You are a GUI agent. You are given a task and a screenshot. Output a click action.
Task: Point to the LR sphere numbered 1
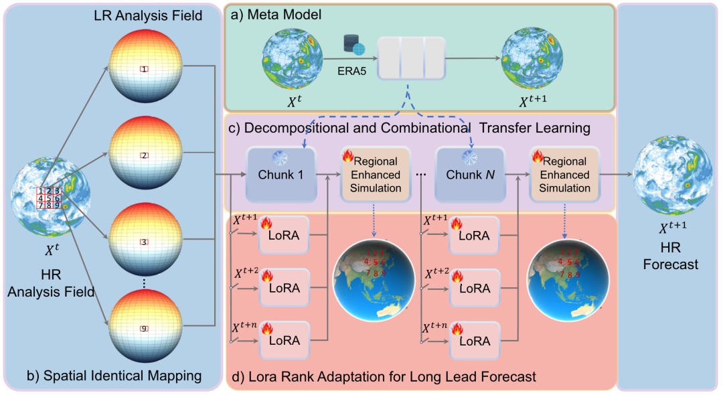(145, 68)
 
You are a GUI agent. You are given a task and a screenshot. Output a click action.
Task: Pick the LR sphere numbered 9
(145, 327)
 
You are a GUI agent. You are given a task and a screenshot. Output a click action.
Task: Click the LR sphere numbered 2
(145, 155)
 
